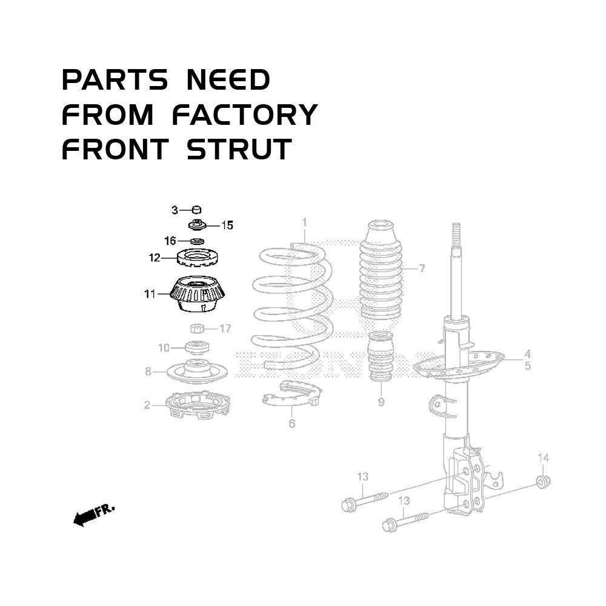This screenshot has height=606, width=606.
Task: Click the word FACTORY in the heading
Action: [x=245, y=115]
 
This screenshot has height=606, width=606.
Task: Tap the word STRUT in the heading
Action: [x=239, y=149]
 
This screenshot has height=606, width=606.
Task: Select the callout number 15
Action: [x=227, y=225]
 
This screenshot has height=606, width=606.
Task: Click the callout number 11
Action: [x=150, y=294]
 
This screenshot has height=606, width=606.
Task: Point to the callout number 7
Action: [x=422, y=268]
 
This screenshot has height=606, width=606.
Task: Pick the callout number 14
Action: [x=544, y=458]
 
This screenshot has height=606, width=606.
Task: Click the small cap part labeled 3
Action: [x=197, y=210]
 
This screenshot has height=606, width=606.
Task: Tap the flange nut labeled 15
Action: [x=198, y=224]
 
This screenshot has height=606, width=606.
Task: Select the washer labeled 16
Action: [x=198, y=242]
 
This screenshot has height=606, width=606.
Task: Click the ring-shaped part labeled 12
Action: [x=198, y=258]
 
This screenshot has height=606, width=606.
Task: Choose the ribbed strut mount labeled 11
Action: [x=198, y=294]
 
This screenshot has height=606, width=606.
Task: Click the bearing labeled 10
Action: [x=198, y=347]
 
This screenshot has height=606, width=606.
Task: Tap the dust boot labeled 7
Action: [x=381, y=270]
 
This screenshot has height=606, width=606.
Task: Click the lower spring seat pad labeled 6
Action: [x=292, y=394]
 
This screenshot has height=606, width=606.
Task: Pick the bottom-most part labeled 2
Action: [x=198, y=406]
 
